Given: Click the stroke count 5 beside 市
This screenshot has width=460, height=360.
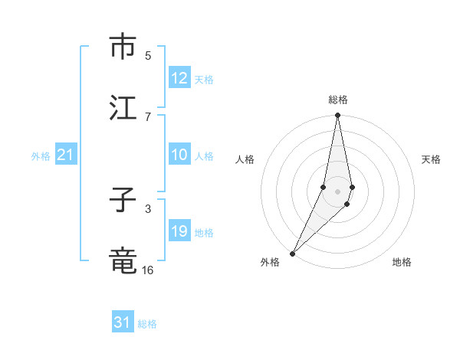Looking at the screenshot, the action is coord(148,55).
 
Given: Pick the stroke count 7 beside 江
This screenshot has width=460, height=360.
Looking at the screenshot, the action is coord(148,116).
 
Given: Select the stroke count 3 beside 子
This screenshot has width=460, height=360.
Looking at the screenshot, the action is coord(148,208).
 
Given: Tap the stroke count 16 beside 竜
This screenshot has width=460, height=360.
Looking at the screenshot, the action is coord(148,270).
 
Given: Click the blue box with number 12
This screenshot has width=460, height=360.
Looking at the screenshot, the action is coord(179,78).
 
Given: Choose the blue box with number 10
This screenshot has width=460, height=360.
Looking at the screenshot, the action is coord(179,155).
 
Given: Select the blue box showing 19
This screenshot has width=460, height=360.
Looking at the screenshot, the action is coord(179,231).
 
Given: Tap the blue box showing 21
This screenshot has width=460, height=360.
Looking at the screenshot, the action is coord(66,155).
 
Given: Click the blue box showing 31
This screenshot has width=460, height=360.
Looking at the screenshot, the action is coord(123,322).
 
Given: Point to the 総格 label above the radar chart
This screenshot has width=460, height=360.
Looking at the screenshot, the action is coord(338,100).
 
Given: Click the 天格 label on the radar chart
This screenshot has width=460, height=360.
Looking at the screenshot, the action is coord(431,159).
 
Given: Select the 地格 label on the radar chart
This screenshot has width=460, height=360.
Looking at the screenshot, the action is coord(402,262).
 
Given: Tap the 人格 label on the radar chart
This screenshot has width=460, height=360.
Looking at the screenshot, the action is coord(245,159).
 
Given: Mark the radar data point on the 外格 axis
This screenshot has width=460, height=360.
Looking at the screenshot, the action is coord(292,253).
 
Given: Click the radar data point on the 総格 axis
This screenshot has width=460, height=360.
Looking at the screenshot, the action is coord(337,116).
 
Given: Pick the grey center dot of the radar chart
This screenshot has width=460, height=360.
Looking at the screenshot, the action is coord(337,191).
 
